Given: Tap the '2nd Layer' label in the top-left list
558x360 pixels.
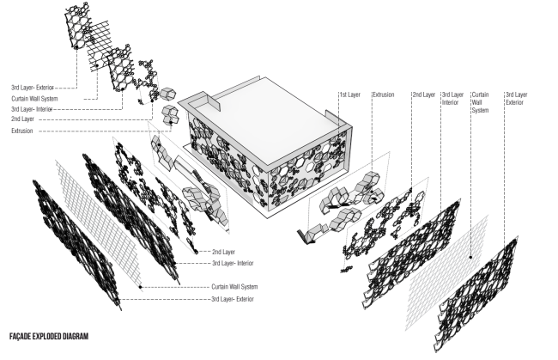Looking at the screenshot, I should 23,120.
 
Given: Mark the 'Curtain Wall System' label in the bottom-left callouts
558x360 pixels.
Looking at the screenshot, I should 235,286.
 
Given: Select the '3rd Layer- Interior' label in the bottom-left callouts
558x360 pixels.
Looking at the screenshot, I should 233,263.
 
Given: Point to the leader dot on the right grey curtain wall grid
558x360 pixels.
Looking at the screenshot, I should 471,255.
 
